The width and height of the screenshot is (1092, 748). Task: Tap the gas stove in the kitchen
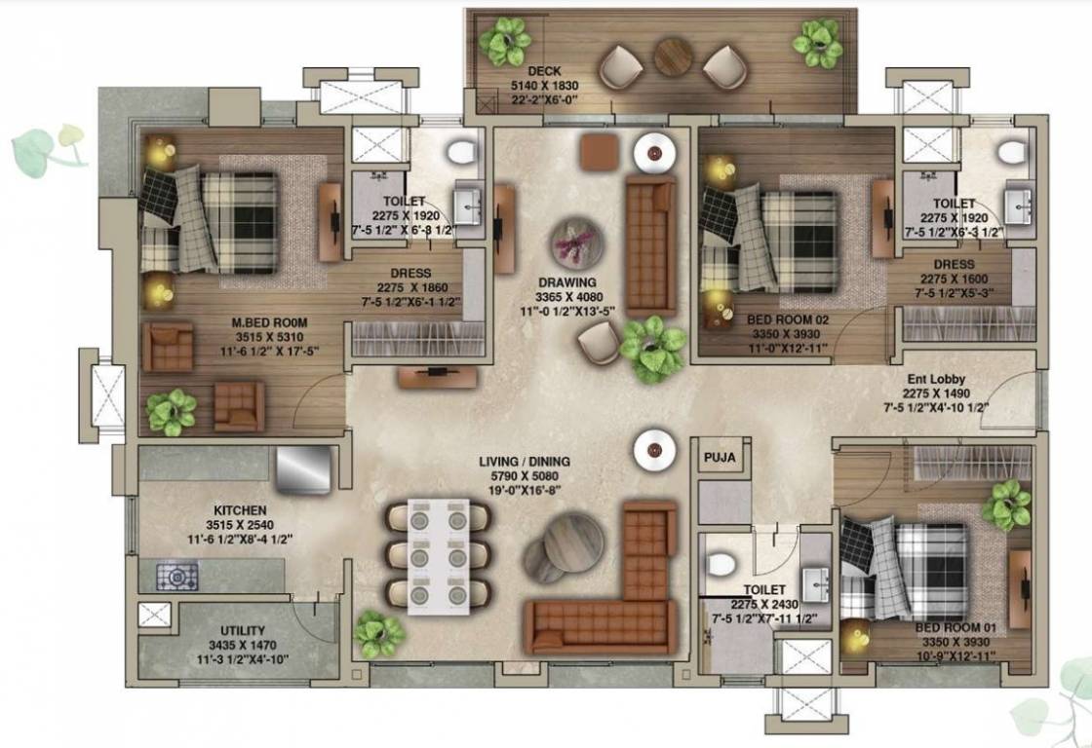point(177,577)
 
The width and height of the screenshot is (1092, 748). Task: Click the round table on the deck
point(673,56)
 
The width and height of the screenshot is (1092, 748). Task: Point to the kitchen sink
point(305,471)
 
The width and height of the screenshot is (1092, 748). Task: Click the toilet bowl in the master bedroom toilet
point(460,151)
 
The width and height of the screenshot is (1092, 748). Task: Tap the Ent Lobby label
point(936,381)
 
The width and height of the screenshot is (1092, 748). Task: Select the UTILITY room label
point(242,631)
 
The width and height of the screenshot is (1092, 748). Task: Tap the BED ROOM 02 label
point(787,318)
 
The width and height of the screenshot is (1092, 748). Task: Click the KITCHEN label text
point(241,509)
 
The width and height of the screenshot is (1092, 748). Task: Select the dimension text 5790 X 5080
point(524,477)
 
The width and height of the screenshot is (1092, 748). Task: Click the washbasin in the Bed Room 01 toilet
point(814,584)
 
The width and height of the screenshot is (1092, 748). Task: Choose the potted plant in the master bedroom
point(172,412)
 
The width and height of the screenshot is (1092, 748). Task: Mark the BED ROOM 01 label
point(955,628)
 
